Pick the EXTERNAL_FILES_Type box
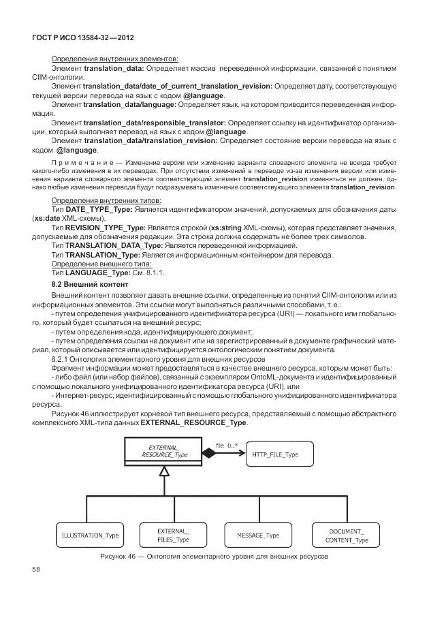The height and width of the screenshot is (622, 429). [174, 535]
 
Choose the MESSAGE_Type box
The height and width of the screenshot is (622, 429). [259, 535]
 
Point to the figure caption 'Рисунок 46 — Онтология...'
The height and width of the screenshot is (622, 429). [214, 557]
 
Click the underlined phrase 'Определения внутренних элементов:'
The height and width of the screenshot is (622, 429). [114, 59]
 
